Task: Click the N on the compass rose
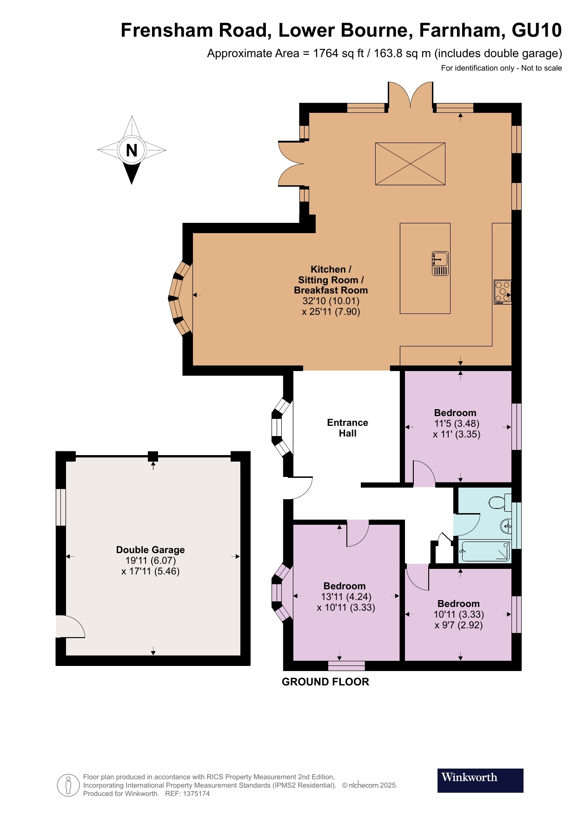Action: pos(132,150)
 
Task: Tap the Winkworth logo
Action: pos(480,780)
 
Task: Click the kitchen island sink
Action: pos(440,263)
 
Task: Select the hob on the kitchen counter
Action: pos(503,292)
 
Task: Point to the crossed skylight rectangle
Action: pos(410,163)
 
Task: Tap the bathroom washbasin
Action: pos(506,526)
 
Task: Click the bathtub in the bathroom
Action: pos(485,552)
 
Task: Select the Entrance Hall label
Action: pos(347,428)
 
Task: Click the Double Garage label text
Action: pos(150,550)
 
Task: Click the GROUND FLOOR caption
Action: pos(325,682)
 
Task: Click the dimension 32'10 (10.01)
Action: pos(331,301)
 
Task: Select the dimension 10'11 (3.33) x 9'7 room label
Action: pos(458,614)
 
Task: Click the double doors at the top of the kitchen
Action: pos(411,96)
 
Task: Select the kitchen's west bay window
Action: pos(180,298)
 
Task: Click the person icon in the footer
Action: pos(68,785)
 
